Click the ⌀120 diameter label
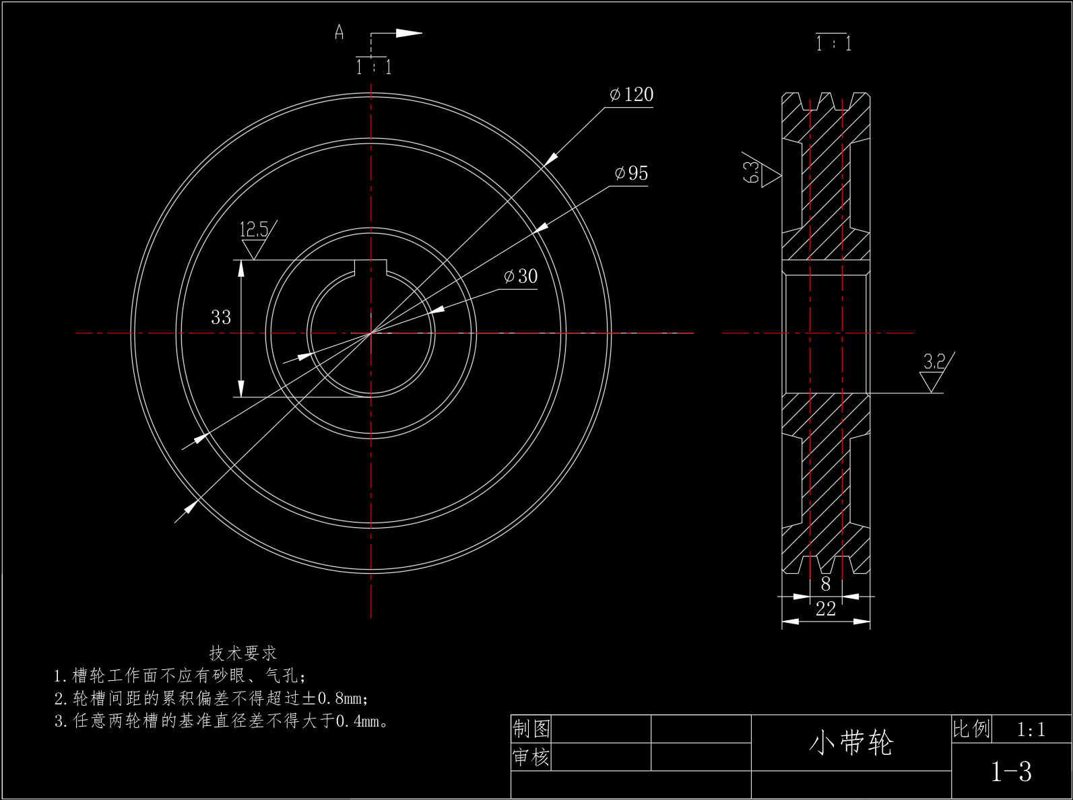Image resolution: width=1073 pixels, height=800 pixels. pos(631,94)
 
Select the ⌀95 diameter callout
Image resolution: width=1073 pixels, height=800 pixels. pos(631,173)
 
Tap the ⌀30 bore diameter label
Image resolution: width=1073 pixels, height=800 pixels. pos(521,277)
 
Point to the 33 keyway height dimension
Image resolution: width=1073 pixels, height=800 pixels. pos(221,317)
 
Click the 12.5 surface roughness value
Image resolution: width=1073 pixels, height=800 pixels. pos(254,229)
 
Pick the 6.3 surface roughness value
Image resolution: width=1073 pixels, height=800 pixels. pos(751,172)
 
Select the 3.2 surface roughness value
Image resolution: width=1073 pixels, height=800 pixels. pos(934,362)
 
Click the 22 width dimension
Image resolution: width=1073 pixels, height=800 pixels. pos(826,609)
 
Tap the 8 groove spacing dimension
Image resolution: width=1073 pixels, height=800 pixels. pos(826,584)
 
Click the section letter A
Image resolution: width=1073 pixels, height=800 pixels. pos(339,32)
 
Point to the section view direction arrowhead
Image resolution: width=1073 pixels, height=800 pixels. pos(409,33)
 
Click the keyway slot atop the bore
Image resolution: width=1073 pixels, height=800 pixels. pos(370,267)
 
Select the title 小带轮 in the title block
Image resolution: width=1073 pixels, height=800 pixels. pos(851,743)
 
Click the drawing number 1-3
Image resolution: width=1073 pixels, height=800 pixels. pos(1011,772)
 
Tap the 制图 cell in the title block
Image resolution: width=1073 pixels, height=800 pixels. pos(531,729)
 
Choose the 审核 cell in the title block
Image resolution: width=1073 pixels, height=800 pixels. pos(531,757)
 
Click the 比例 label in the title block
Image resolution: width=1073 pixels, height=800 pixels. pos(971,729)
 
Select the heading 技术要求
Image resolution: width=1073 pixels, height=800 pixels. pos(243,653)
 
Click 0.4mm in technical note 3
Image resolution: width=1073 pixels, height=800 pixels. pos(358,721)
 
